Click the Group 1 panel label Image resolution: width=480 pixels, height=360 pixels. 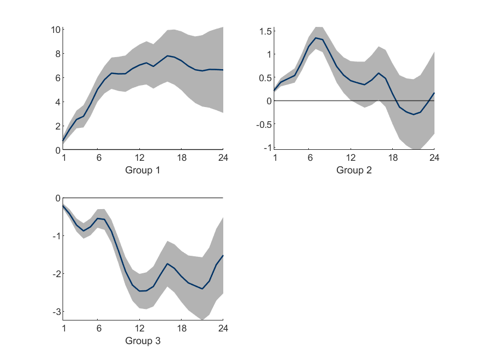click(x=143, y=170)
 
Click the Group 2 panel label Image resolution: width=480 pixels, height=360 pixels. click(x=354, y=170)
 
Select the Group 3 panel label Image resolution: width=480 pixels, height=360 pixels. click(x=143, y=341)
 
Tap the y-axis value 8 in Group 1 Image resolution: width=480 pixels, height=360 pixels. click(x=57, y=54)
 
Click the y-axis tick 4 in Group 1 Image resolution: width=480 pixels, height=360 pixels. click(x=57, y=102)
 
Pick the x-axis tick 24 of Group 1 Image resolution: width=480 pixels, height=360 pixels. click(x=223, y=157)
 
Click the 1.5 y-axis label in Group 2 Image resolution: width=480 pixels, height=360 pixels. click(x=265, y=31)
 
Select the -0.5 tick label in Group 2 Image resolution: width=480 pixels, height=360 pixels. click(x=263, y=124)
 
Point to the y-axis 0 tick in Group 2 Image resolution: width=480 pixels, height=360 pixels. click(x=268, y=101)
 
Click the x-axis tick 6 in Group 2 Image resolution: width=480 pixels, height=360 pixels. click(x=309, y=157)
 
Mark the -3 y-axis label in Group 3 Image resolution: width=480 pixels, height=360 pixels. click(x=55, y=312)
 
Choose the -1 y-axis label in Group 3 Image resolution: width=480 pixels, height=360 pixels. click(x=55, y=235)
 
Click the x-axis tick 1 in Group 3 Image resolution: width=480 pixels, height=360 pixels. click(x=64, y=328)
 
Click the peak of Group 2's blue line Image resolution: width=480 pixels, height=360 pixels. click(x=316, y=38)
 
